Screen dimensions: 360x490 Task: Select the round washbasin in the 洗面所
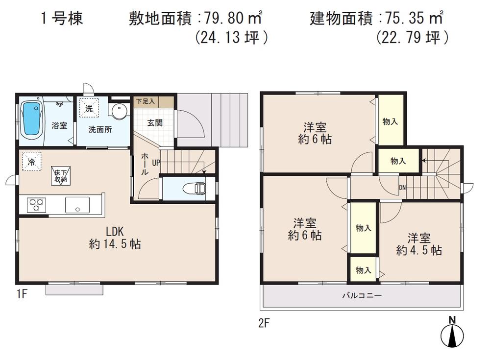119,111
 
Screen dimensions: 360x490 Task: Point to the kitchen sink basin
76,205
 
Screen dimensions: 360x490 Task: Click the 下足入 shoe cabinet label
145,102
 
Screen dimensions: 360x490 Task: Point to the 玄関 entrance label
155,122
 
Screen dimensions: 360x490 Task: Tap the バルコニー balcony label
362,296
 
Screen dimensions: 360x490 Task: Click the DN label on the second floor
402,188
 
